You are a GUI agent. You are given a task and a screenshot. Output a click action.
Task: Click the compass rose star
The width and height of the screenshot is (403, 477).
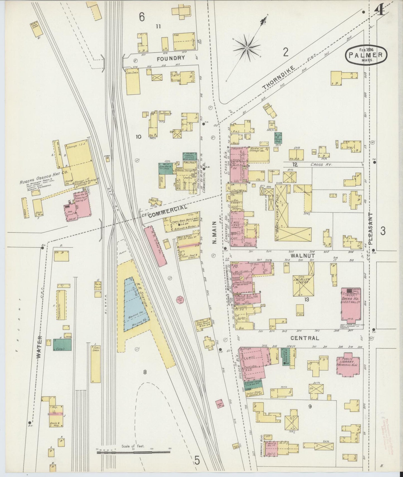pos(247,48)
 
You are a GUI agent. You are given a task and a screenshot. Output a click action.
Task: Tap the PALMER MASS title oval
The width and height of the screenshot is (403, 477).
pos(366,55)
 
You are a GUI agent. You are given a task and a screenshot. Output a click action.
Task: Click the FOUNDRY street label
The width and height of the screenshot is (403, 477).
pos(171,58)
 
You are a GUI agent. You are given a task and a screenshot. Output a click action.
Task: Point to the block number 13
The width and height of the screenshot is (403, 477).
pos(307,299)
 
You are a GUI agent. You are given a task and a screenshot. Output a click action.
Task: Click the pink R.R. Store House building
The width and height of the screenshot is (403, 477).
pos(155,247)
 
